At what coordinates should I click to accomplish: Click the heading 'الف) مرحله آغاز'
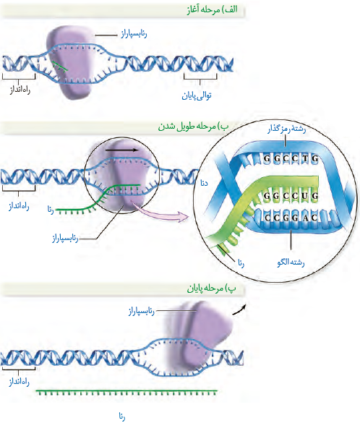tap(212, 9)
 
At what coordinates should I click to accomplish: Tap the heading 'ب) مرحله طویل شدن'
tap(193, 127)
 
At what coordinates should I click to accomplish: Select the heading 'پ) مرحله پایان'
tap(211, 289)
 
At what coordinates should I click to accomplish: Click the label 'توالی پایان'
tap(197, 95)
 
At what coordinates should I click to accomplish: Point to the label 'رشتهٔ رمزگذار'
tap(287, 129)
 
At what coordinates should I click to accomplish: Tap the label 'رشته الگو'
tap(291, 262)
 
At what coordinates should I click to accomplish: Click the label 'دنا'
tap(204, 183)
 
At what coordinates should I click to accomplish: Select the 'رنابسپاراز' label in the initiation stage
tap(134, 34)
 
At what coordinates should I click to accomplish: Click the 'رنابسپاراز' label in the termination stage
tap(141, 311)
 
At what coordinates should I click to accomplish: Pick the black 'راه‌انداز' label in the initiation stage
tap(20, 90)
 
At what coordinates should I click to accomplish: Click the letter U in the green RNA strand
tap(305, 195)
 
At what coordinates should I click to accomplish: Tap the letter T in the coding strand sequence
tap(305, 158)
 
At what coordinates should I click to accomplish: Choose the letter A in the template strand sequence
tap(305, 218)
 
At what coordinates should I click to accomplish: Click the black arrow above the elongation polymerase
tap(121, 150)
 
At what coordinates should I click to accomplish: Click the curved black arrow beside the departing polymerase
tap(240, 310)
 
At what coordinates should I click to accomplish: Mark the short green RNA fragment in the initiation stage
tap(59, 66)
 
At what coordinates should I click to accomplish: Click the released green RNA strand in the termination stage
tap(127, 391)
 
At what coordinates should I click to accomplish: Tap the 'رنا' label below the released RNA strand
tap(122, 416)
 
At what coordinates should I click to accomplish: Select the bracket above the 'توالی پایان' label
tap(200, 77)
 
